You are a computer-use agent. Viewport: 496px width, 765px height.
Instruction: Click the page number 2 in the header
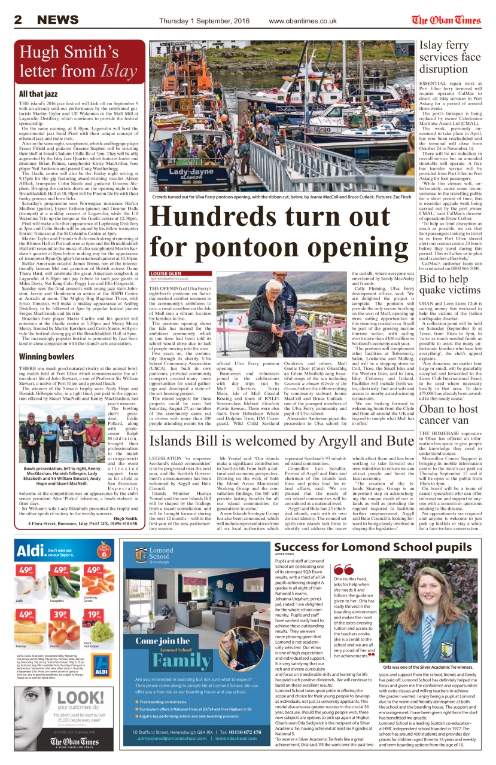tap(18, 20)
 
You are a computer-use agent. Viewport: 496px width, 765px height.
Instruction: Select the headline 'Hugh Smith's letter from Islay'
tap(78, 62)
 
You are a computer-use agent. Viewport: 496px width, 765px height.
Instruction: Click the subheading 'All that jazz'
tap(38, 94)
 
